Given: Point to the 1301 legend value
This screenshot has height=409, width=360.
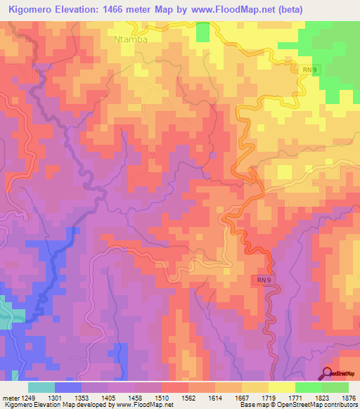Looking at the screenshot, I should tap(55, 398).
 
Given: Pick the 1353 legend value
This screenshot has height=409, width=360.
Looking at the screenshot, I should tap(82, 398).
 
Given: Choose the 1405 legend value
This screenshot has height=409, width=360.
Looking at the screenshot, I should tap(108, 398).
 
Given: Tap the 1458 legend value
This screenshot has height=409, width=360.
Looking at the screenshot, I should tap(135, 398).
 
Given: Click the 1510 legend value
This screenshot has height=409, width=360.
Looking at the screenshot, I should tap(162, 398).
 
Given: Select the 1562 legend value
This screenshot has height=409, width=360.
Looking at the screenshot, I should tap(188, 398).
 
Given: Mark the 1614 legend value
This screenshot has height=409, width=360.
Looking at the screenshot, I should tap(215, 398).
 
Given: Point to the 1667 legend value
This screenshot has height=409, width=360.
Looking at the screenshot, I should tap(242, 398).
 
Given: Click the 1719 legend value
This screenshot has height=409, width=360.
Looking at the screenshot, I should tap(269, 398).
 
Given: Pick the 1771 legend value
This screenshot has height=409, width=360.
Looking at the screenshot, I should tap(295, 398).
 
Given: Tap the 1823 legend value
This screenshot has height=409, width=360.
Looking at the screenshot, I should tap(322, 398).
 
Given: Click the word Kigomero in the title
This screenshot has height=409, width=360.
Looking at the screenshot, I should tap(34, 10).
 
